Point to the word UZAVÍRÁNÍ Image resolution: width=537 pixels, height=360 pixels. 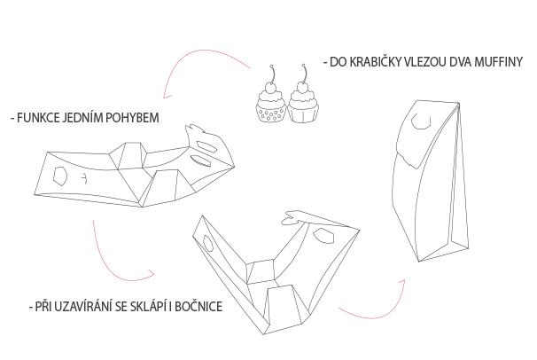(x=83, y=306)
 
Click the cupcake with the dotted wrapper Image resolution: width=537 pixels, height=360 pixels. (x=270, y=102)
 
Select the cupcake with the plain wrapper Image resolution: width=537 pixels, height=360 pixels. (x=303, y=102)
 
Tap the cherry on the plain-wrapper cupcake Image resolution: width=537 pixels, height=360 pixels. (x=302, y=86)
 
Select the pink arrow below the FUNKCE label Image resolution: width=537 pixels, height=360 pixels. (x=109, y=266)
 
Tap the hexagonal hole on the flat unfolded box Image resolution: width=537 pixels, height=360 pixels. (x=60, y=176)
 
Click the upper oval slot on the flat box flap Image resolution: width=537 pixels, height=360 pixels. (x=207, y=147)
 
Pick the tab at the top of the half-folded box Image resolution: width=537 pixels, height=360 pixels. (x=292, y=218)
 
